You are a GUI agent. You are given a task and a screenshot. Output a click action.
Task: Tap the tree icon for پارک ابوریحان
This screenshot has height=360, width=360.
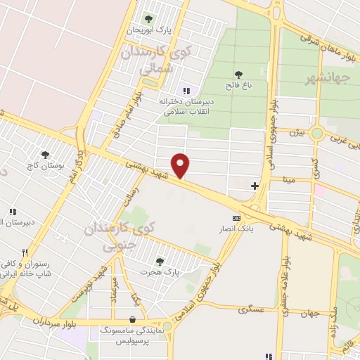point(148,19)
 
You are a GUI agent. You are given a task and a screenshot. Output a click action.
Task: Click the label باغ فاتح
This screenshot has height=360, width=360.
point(238,85)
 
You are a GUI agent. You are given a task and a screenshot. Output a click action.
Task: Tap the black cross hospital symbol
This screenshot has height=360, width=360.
point(255,186)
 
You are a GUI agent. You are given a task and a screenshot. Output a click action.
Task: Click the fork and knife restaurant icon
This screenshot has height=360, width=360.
point(24,252)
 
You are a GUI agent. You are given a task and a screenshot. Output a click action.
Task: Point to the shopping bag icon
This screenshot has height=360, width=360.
point(132,319)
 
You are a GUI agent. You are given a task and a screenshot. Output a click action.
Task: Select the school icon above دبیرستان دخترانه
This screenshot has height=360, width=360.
point(186,90)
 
